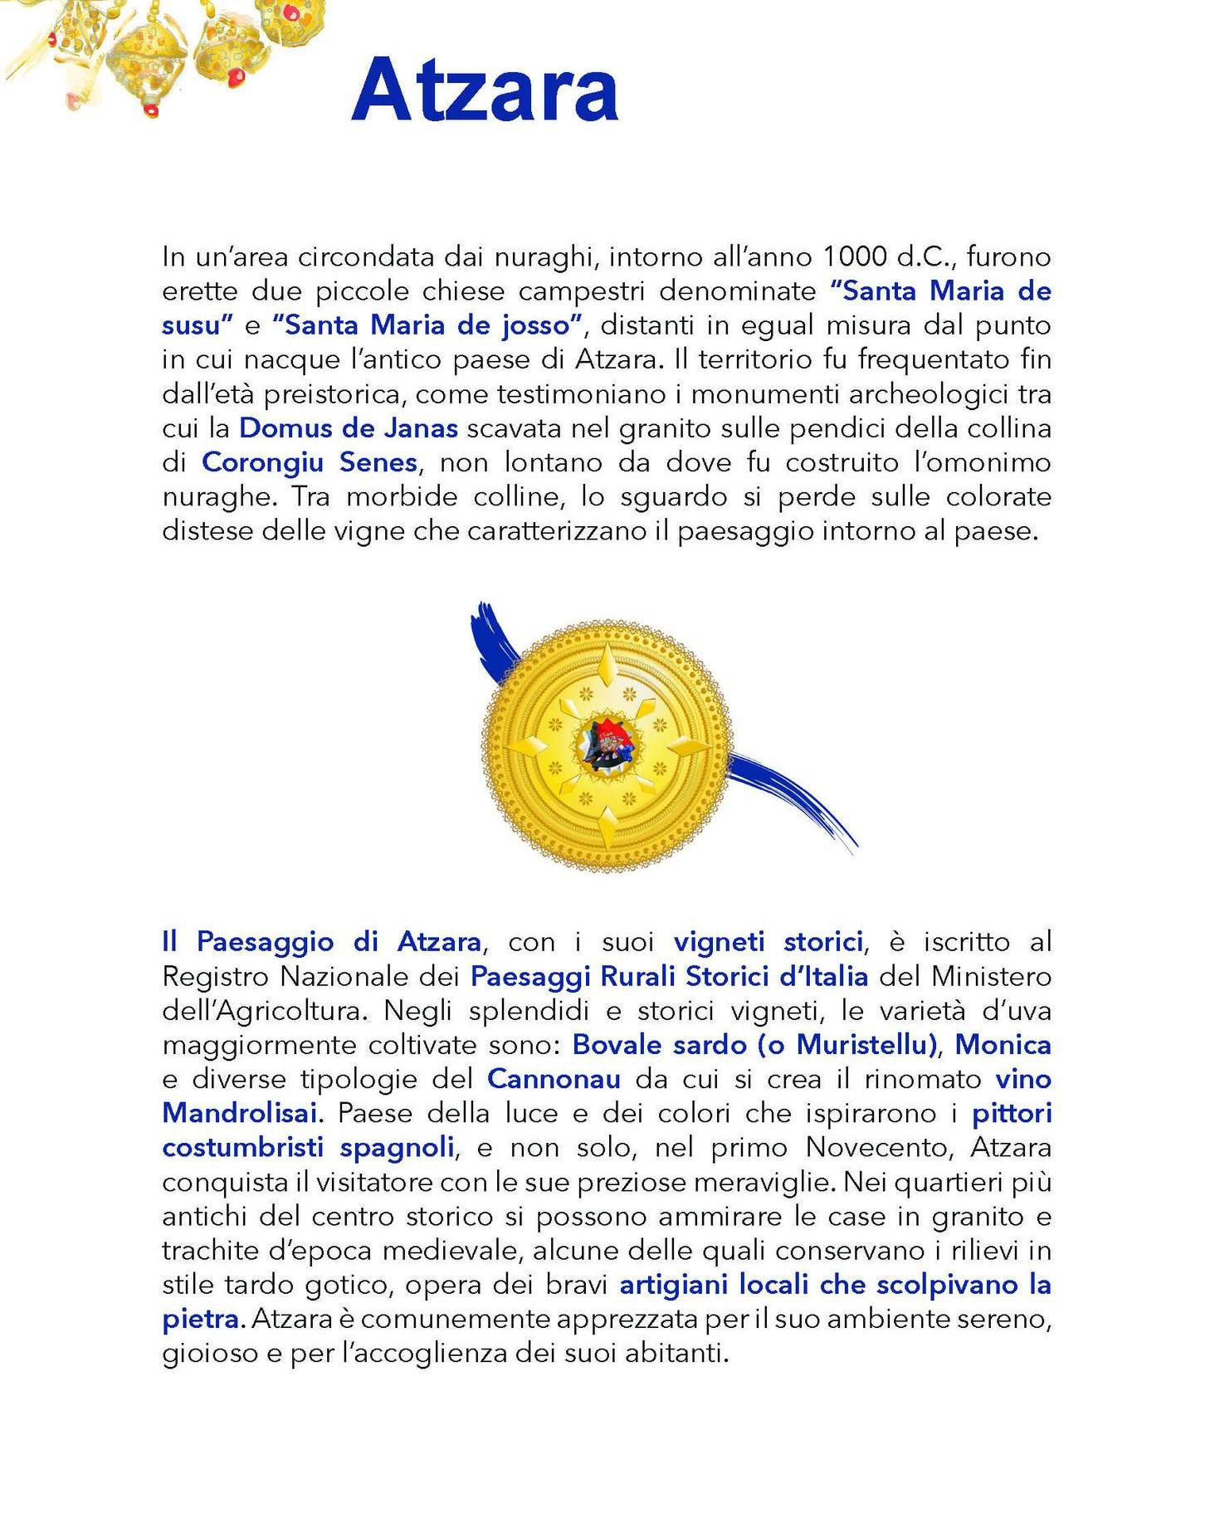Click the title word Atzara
[x=485, y=90]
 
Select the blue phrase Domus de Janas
[x=349, y=428]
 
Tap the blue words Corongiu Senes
[x=310, y=462]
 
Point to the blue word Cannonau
[x=554, y=1079]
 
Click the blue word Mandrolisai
[x=240, y=1113]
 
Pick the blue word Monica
[x=1003, y=1045]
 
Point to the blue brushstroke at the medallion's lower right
[x=797, y=801]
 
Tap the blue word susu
[x=193, y=325]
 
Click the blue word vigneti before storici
[x=719, y=942]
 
